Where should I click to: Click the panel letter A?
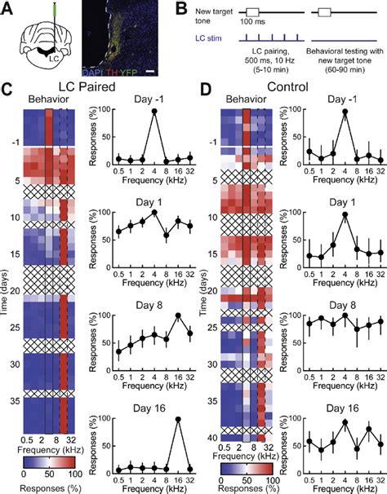point(10,9)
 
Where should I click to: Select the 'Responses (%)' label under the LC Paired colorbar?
point(53,487)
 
